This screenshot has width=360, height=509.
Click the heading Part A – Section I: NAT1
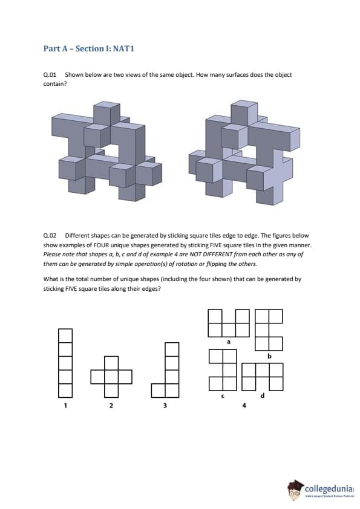(x=89, y=49)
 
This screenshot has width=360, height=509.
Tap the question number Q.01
(x=50, y=75)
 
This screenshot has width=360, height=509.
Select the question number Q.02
(x=50, y=236)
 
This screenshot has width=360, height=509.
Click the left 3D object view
(x=106, y=151)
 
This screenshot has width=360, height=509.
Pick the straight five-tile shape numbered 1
(x=65, y=363)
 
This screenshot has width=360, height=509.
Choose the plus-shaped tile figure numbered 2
(x=111, y=377)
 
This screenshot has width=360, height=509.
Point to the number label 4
(x=244, y=405)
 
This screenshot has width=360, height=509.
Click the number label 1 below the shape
(x=65, y=405)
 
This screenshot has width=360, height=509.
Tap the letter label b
(x=269, y=356)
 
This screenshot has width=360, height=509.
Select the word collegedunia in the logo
(x=329, y=489)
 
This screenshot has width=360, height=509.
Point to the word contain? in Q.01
(x=55, y=84)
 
